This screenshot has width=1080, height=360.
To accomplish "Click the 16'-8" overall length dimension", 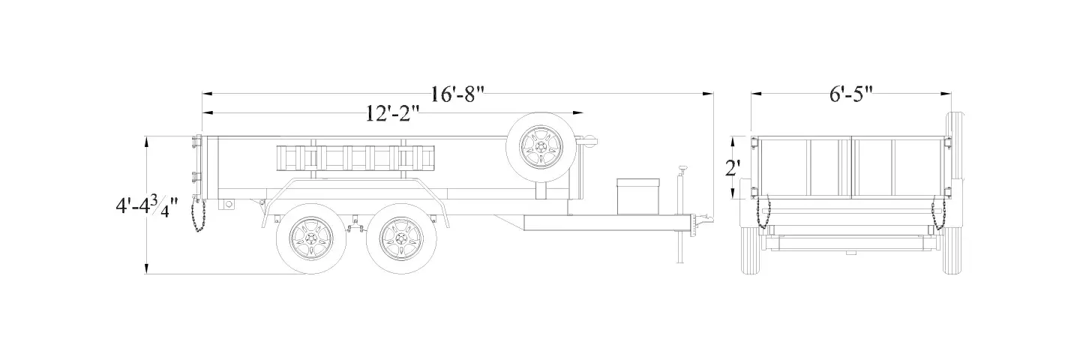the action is [456, 94].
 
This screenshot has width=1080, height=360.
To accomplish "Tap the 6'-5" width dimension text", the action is [851, 94].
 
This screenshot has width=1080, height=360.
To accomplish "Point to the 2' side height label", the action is [733, 168].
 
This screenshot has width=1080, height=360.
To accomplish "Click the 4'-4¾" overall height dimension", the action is [146, 206].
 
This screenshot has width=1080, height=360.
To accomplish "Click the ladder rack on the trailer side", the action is [355, 157].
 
